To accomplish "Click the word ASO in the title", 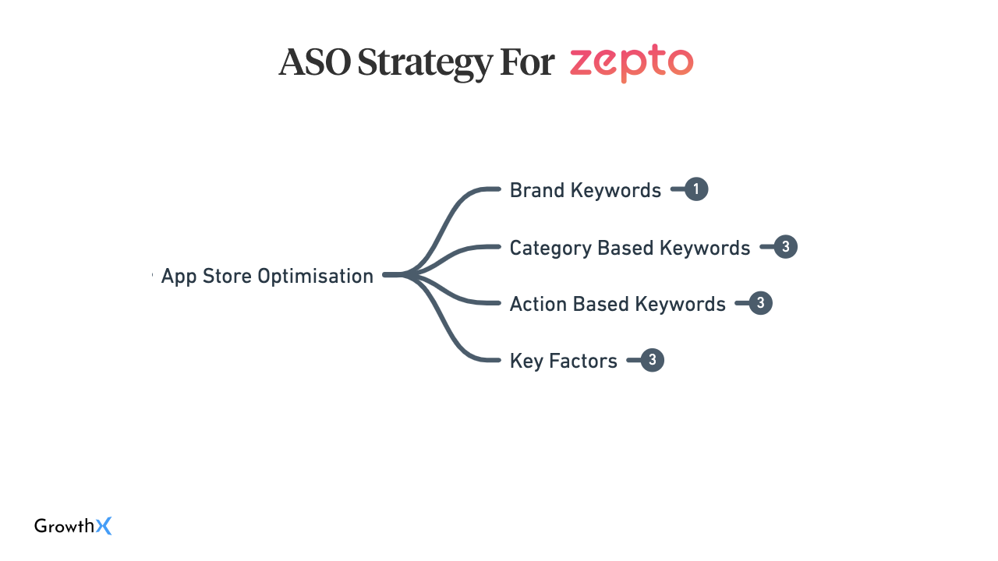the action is (314, 62).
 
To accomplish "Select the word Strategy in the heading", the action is (425, 64).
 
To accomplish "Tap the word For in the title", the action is (527, 62).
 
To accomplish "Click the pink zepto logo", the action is (632, 63).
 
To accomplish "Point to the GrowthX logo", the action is (73, 526).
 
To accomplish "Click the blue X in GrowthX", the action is (104, 526).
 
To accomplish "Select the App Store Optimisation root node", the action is (267, 276).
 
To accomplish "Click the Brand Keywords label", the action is (585, 190).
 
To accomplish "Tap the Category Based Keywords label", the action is (629, 248).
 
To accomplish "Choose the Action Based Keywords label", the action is (618, 304).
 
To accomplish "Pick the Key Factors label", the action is (564, 361).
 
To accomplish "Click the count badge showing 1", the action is (696, 189).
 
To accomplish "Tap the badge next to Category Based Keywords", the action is (785, 247).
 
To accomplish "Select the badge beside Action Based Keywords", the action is (760, 303).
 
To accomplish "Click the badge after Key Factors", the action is (653, 360).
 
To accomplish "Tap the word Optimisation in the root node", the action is (316, 276).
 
